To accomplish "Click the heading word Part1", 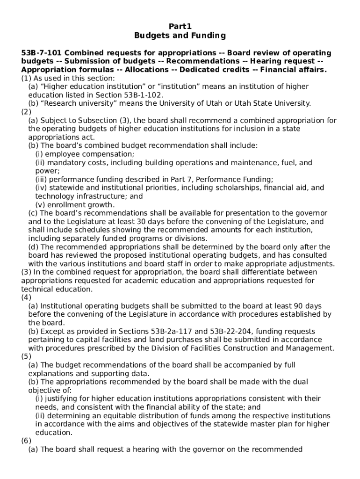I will (x=180, y=26).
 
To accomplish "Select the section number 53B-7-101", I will (x=42, y=53).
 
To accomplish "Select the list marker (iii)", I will (x=41, y=180).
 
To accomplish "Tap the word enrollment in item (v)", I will (x=65, y=205).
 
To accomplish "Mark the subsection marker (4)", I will (x=26, y=298).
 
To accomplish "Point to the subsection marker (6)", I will (x=26, y=441).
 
